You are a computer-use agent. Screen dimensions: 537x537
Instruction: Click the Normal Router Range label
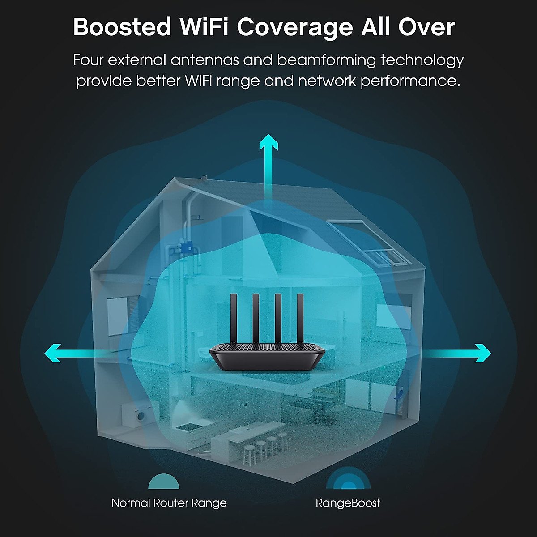click(169, 503)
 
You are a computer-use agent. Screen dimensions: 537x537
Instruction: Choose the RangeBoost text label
click(348, 503)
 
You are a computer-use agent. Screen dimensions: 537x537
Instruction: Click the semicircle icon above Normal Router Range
click(164, 482)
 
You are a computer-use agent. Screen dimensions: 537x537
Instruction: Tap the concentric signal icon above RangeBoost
click(348, 480)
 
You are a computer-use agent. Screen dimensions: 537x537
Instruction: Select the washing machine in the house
click(141, 416)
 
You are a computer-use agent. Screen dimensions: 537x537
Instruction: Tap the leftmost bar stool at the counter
click(248, 454)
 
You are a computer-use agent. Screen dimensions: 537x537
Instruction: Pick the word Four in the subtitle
click(88, 60)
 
